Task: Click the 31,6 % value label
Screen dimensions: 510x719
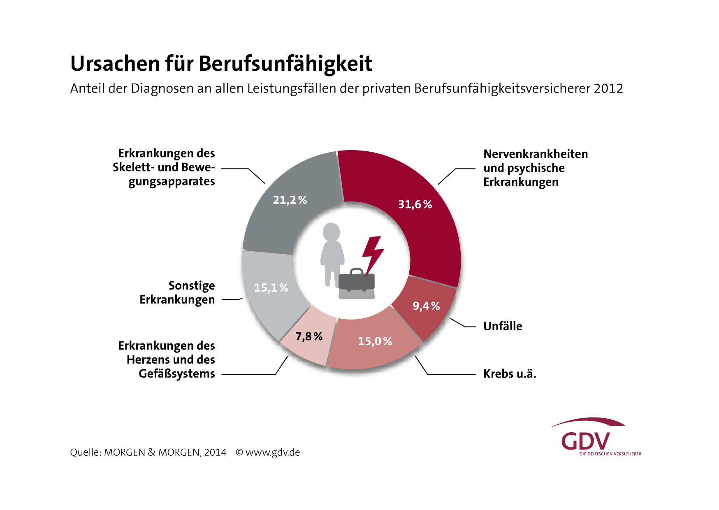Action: pos(415,204)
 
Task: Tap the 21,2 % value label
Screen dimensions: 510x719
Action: pos(290,200)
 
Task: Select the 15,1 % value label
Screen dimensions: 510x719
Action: pos(271,287)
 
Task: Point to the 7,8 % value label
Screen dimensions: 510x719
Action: pos(309,336)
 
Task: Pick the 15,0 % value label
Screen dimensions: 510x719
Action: pos(375,341)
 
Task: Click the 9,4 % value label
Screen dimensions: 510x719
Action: pos(426,306)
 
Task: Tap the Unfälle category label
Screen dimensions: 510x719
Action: pos(503,326)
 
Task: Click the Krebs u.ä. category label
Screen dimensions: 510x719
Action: pos(510,374)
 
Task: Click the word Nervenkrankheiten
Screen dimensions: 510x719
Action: pos(536,154)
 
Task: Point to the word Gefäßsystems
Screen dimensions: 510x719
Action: pos(177,373)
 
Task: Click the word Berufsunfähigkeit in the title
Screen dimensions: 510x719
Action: pos(285,64)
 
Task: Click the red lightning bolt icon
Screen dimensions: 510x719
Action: pos(373,253)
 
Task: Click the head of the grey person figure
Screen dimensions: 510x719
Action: pos(331,232)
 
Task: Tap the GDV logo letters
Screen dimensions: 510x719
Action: pos(585,441)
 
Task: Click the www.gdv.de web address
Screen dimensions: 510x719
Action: pos(273,452)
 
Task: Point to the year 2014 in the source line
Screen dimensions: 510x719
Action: pos(215,452)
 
